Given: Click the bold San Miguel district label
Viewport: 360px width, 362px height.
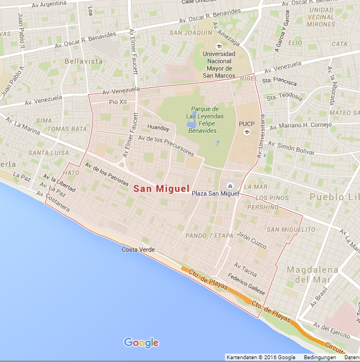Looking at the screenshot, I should click(x=161, y=189).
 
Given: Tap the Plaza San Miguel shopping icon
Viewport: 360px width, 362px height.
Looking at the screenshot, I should click(x=229, y=186).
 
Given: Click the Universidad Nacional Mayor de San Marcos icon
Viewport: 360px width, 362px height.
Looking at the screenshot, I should click(x=219, y=46).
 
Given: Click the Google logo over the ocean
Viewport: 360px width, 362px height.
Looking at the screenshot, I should click(x=141, y=343).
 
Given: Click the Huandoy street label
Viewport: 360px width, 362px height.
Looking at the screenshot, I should click(x=158, y=126).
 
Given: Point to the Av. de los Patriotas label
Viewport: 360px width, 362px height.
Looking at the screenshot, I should click(x=107, y=175).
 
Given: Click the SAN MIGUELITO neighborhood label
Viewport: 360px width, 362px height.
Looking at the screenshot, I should click(x=291, y=230).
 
